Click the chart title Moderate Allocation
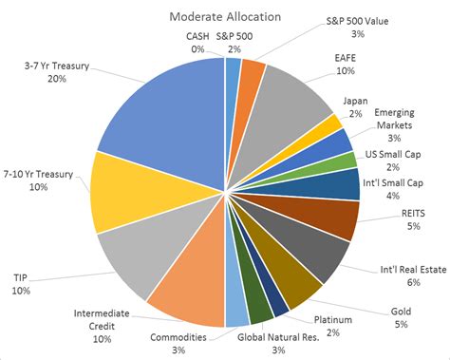(x=224, y=16)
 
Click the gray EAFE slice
(x=290, y=95)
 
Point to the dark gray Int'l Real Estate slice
(x=318, y=252)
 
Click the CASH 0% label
(x=197, y=42)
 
